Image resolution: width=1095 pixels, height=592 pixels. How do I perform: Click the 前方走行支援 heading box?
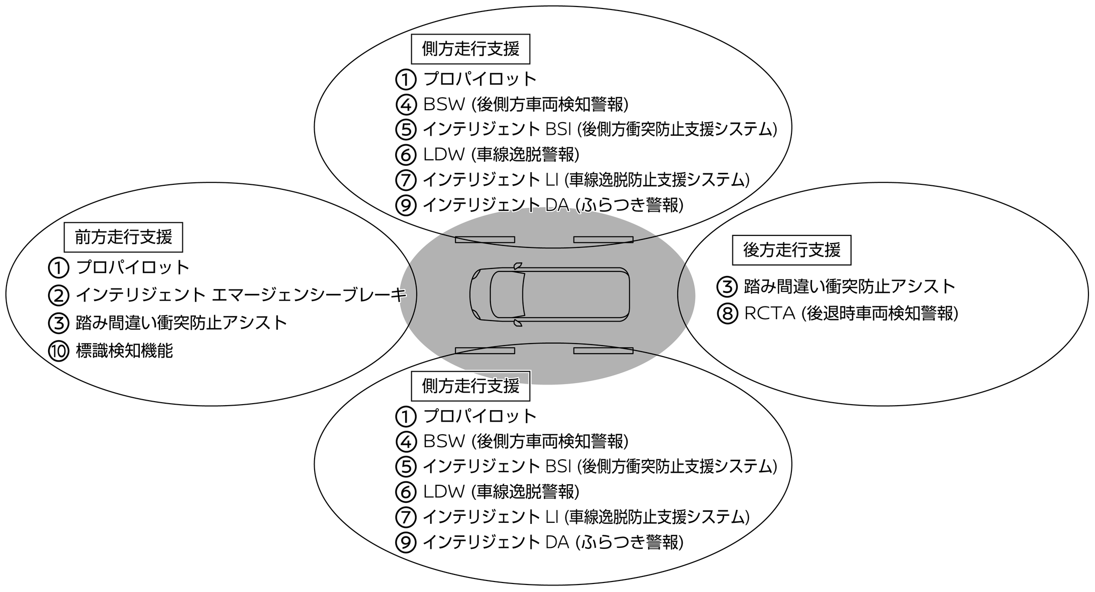coord(123,237)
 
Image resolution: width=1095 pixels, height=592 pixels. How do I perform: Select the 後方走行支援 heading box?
coord(791,250)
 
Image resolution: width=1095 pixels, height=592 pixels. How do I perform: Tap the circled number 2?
coord(59,295)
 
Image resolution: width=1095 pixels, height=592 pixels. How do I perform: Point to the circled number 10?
coord(59,351)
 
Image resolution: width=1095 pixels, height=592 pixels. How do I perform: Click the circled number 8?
coord(727,314)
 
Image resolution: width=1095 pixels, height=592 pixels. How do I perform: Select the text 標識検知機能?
coord(124,351)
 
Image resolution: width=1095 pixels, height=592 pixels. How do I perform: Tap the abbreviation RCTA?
coord(769,313)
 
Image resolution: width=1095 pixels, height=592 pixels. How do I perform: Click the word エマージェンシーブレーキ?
coord(309,295)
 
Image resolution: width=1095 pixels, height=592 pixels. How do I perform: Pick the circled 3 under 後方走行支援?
coord(727,286)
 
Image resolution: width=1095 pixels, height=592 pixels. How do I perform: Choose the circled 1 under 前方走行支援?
coord(59,267)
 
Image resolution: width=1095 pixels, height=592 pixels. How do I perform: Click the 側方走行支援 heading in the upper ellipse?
coord(470,49)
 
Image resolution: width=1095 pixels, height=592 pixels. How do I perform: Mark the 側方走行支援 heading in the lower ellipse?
coord(470,386)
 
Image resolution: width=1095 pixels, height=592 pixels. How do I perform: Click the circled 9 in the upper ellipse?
coord(406,205)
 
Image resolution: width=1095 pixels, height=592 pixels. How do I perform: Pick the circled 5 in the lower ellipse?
coord(406,466)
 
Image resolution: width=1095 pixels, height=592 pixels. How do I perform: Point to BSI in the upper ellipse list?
coord(558,129)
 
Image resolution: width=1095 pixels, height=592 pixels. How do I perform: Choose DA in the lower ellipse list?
coord(557,542)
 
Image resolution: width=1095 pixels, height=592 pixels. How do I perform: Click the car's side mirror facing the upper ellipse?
coord(517,266)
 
